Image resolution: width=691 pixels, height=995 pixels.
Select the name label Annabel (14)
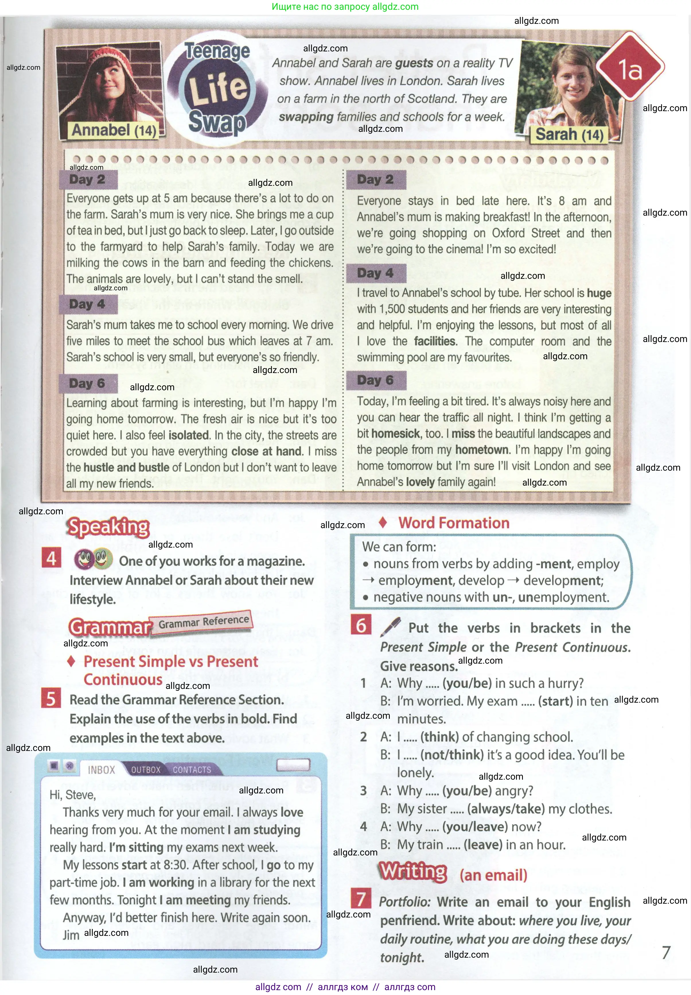point(114,130)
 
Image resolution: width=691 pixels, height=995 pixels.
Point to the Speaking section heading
point(108,527)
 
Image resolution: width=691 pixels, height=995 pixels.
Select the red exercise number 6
point(361,626)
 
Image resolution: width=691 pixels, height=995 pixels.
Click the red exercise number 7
point(361,899)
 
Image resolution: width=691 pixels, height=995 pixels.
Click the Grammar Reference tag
point(203,622)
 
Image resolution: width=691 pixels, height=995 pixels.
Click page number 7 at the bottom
point(666,952)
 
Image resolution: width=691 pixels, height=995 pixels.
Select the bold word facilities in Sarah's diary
point(435,341)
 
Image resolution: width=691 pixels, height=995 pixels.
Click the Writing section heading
point(413,872)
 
